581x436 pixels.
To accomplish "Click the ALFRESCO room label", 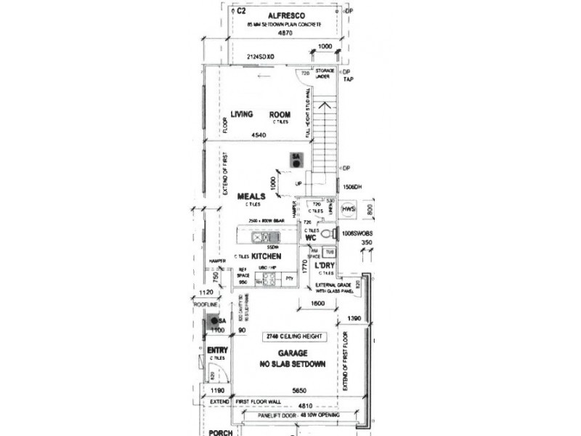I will coord(286,15).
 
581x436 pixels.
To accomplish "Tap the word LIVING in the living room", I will coord(241,114).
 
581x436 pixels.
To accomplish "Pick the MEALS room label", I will coord(251,196).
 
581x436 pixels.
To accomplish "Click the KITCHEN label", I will coord(267,257).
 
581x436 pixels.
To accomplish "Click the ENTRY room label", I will coord(217,351).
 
